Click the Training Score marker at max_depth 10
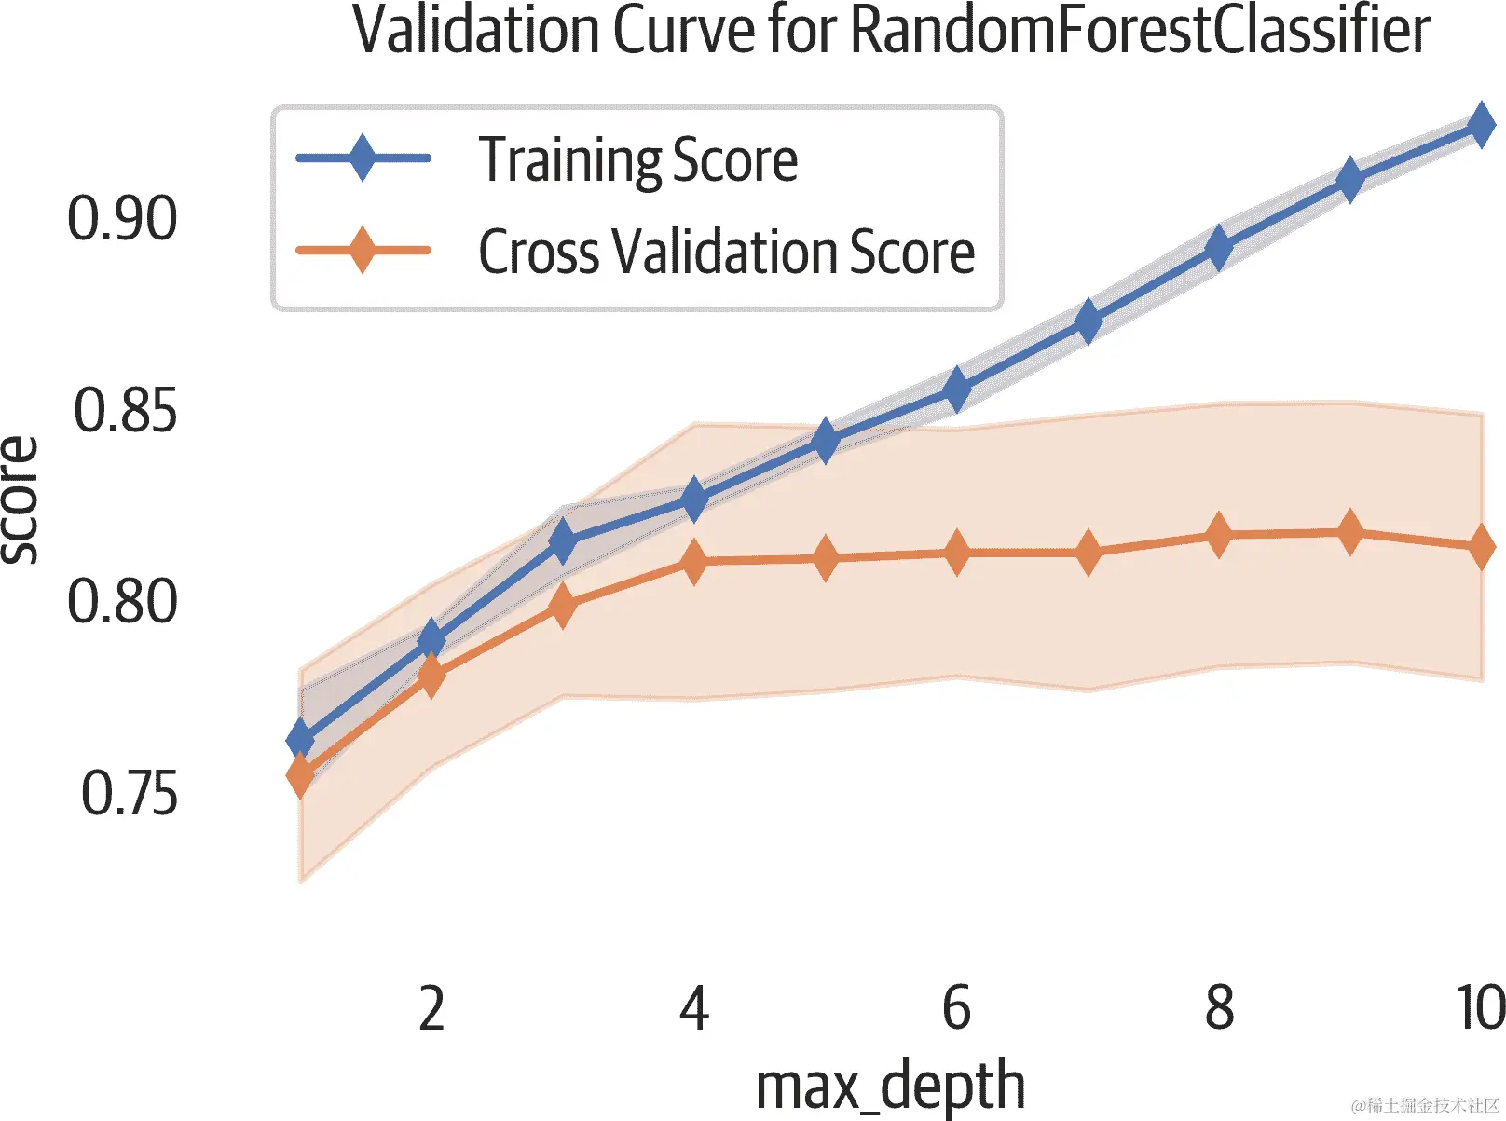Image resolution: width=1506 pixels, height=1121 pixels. [1481, 125]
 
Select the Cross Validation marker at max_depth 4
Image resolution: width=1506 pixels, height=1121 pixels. [693, 561]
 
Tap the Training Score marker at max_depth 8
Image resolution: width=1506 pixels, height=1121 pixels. [1218, 248]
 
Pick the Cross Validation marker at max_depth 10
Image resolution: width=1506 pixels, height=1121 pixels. [1481, 546]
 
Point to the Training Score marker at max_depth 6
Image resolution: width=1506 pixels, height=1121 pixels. [956, 389]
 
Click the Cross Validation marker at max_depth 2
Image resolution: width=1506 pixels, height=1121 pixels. [431, 675]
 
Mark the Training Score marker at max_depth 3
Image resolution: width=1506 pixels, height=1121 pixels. [562, 540]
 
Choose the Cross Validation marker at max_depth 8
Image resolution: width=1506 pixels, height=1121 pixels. [1218, 534]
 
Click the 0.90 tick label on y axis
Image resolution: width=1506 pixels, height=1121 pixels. [122, 219]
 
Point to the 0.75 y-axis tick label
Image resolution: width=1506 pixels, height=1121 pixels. [129, 794]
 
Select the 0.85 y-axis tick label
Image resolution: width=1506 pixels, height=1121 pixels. [125, 410]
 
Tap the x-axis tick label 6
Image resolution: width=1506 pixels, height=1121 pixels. [956, 1008]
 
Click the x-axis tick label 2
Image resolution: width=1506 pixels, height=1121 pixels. [431, 1008]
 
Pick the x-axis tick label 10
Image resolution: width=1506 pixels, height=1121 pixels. [1479, 1008]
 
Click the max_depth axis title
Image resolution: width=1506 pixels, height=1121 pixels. [890, 1087]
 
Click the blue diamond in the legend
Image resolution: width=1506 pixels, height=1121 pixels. [363, 157]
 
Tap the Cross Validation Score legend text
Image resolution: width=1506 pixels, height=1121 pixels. [726, 252]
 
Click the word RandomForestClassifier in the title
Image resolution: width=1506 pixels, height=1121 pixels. [1140, 30]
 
